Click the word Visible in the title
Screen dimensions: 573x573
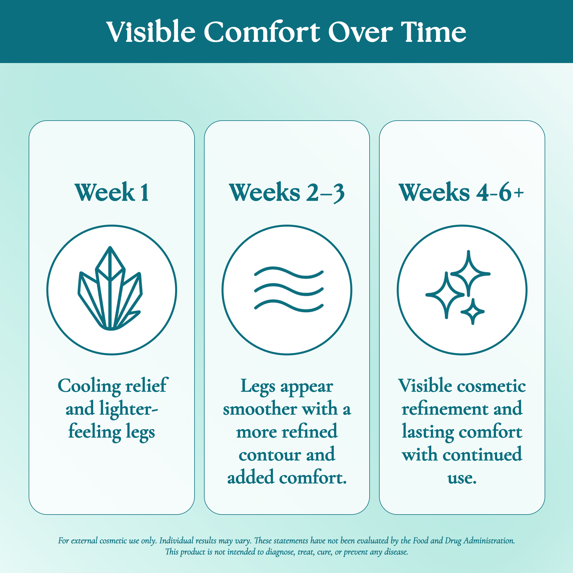point(151,32)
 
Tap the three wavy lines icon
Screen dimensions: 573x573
point(289,289)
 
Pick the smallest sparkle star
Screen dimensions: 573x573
point(473,311)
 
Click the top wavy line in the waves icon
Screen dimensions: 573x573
point(289,272)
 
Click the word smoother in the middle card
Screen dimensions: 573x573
point(260,409)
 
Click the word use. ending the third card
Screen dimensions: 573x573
point(462,478)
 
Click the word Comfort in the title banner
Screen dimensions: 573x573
point(262,32)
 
